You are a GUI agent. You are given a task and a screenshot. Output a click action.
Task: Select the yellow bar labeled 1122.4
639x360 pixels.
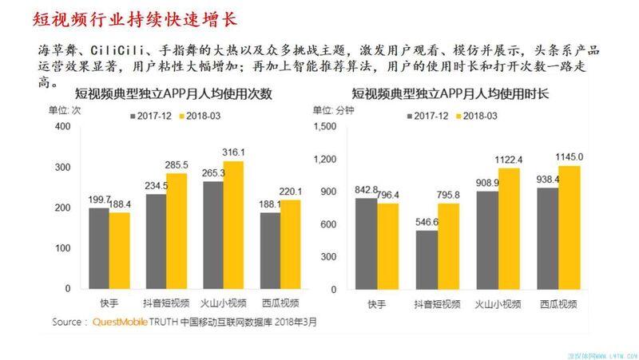[x=509, y=227]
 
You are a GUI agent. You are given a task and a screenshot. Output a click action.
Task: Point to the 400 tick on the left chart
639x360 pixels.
[x=62, y=128]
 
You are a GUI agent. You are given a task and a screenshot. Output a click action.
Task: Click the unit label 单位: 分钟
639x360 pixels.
[x=333, y=110]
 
